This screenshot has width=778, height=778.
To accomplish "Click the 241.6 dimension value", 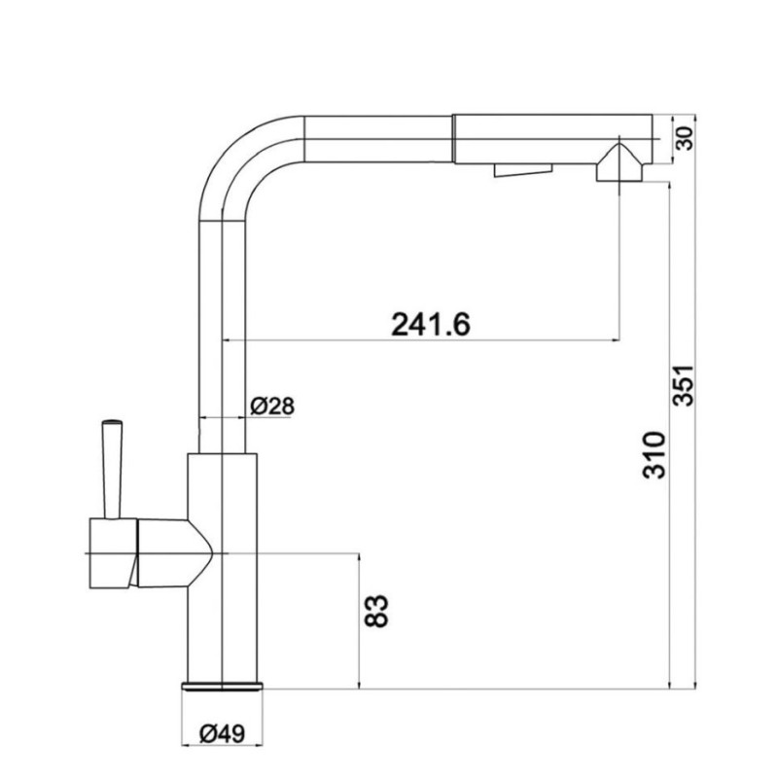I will [x=431, y=323].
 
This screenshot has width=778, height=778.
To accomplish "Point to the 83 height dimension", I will [x=380, y=610].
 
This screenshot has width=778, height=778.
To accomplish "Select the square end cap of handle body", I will [x=112, y=551].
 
